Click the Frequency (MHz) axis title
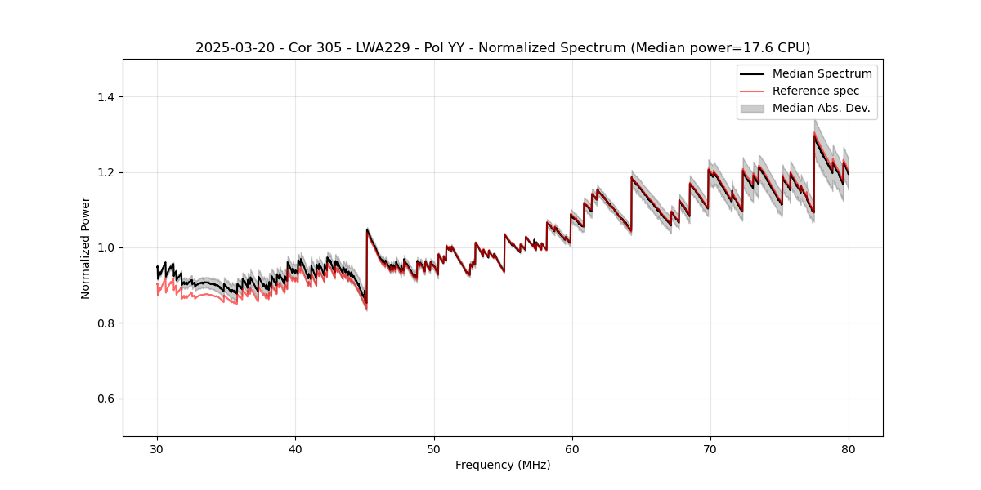[503, 465]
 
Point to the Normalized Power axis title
[86, 247]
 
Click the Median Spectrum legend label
[822, 73]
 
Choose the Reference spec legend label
[815, 91]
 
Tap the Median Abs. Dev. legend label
[821, 108]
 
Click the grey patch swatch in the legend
[752, 108]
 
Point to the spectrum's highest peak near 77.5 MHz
[814, 135]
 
